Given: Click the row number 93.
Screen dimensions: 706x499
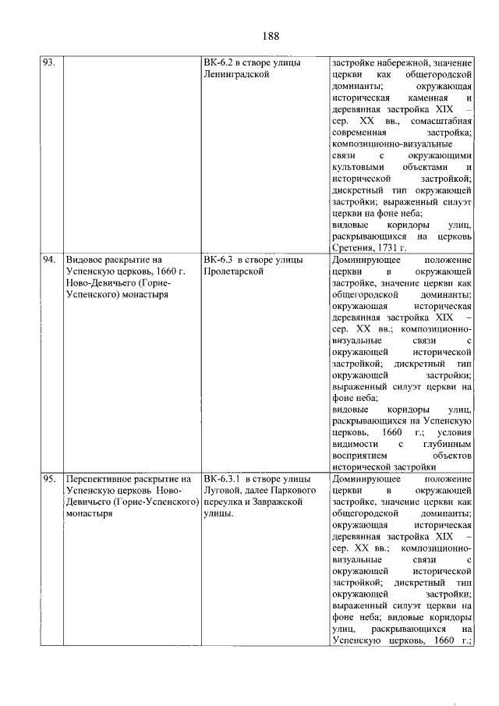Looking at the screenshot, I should coord(51,63).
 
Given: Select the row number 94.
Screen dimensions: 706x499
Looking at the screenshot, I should coord(51,259).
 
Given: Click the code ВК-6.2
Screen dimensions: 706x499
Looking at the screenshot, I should coord(219,63).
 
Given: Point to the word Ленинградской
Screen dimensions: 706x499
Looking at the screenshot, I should coord(235,75).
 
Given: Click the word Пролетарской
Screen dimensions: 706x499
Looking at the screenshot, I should coord(232,271).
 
